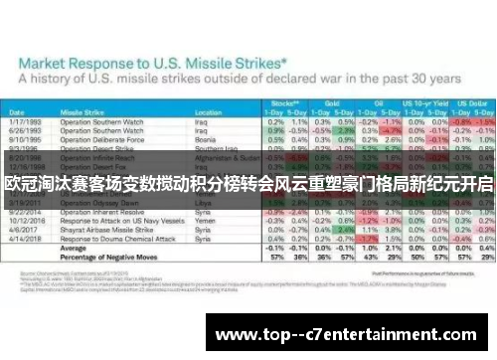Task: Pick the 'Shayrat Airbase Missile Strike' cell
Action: (x=109, y=232)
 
